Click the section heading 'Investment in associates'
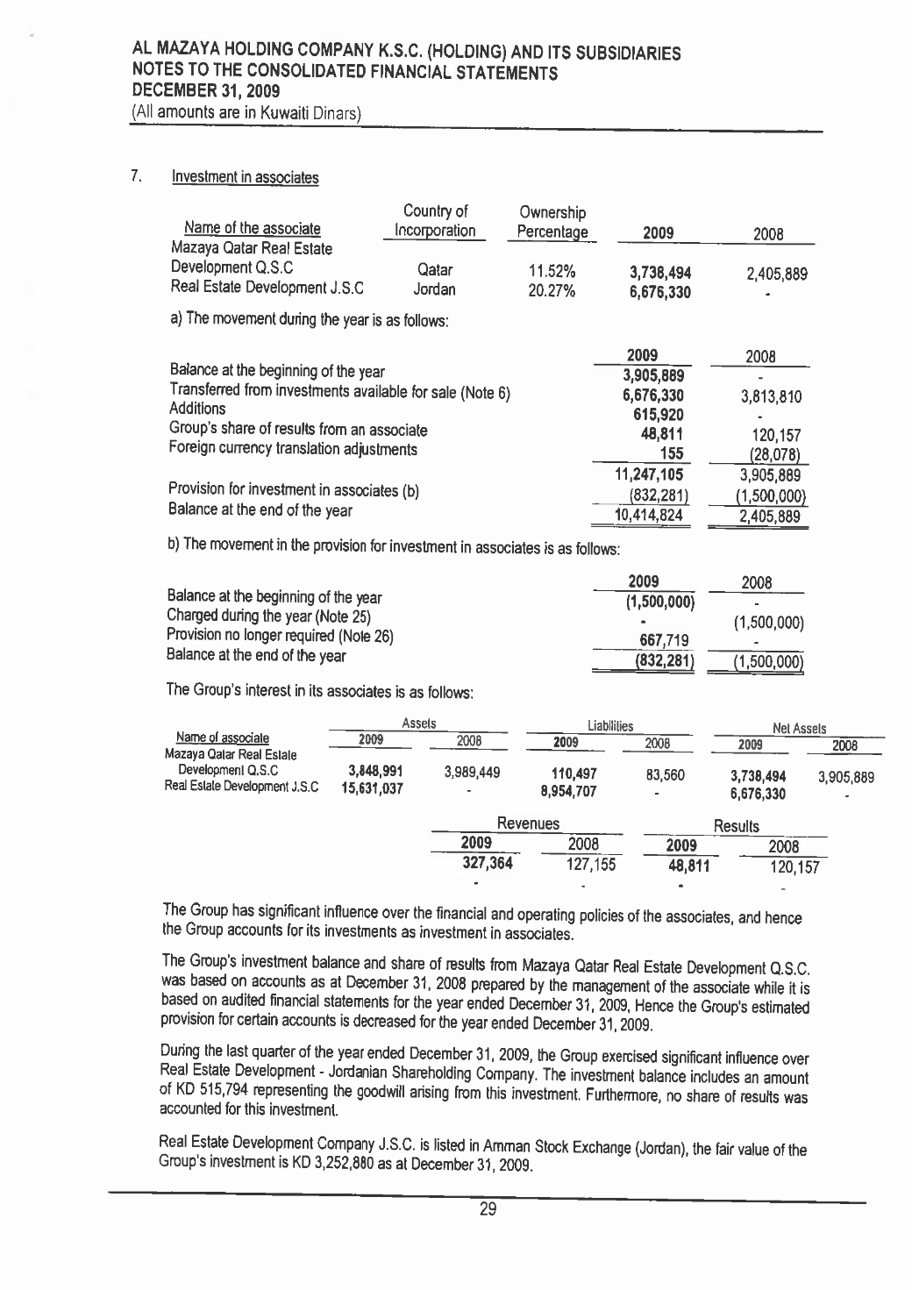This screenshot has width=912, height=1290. pos(245,177)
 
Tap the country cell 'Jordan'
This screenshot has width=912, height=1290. pos(434,289)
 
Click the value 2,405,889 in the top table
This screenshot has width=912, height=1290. pos(776,274)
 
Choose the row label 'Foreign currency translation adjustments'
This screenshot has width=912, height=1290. pos(293,450)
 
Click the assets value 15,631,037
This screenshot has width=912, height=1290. pos(372,788)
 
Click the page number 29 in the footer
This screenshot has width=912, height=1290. pos(487,1210)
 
